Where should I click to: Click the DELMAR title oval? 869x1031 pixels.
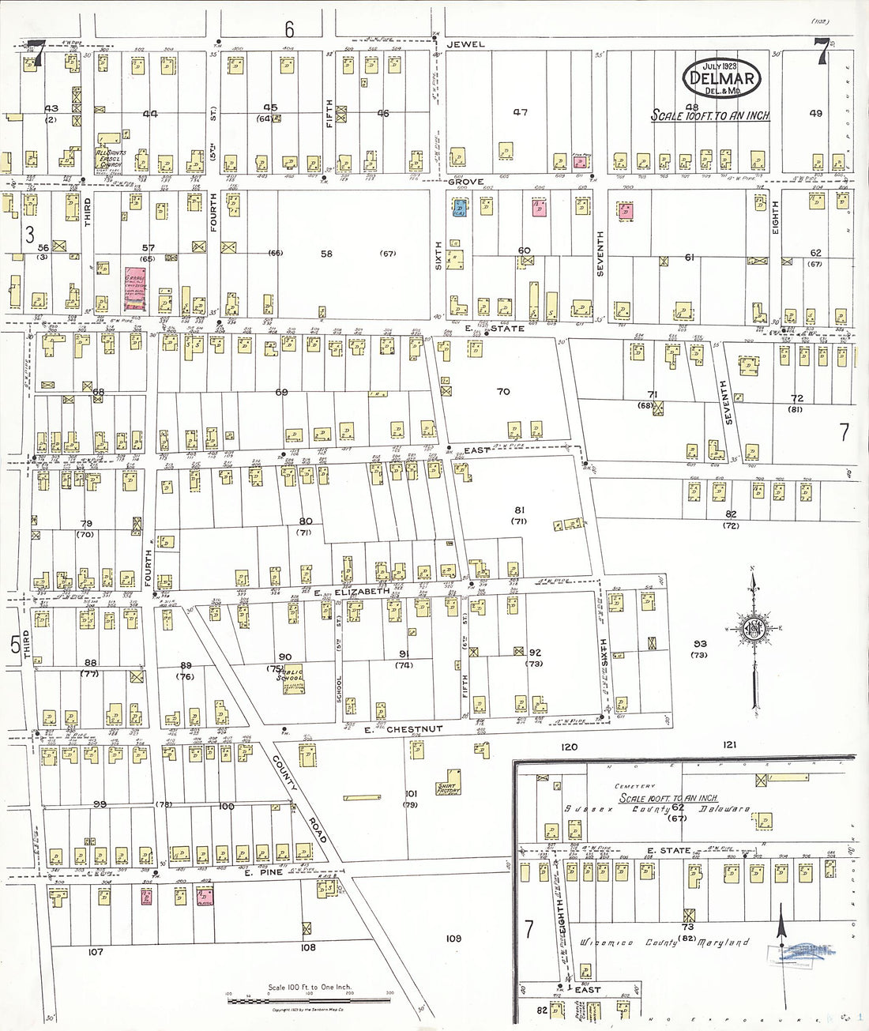click(722, 78)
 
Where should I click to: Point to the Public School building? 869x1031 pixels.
click(290, 679)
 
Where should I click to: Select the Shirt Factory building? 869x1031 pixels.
click(449, 782)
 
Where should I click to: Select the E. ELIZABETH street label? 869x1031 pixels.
click(351, 592)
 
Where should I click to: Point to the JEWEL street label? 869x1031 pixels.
click(465, 44)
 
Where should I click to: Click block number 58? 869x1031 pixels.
click(326, 254)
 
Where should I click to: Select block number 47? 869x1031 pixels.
click(520, 112)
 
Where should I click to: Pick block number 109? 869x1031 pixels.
click(453, 939)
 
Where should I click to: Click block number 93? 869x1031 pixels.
click(699, 644)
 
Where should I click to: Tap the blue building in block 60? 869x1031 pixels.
click(459, 208)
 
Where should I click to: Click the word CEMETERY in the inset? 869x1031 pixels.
click(635, 786)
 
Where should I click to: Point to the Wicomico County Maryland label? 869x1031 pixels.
click(664, 943)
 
